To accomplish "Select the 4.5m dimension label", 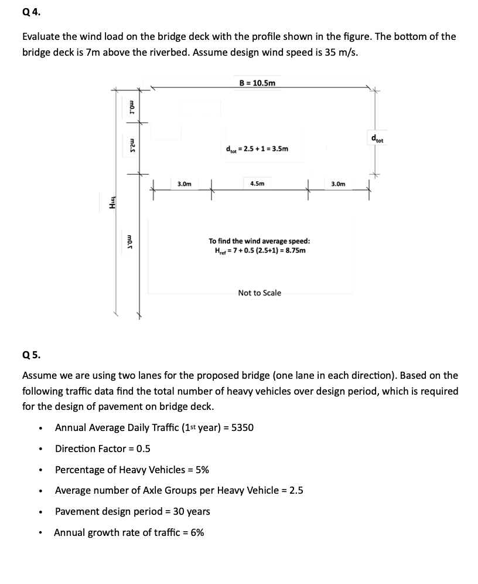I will (x=257, y=184).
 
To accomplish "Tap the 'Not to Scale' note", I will (x=260, y=293).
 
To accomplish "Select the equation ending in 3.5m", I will (x=257, y=149).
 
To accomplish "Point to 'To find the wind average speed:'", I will (x=260, y=241).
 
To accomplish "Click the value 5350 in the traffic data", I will (x=243, y=427).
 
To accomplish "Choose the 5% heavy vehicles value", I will (x=202, y=470).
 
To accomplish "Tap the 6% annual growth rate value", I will (x=196, y=532).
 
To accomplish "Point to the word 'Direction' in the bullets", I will (x=76, y=449).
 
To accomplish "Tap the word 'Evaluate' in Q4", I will (x=42, y=36).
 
